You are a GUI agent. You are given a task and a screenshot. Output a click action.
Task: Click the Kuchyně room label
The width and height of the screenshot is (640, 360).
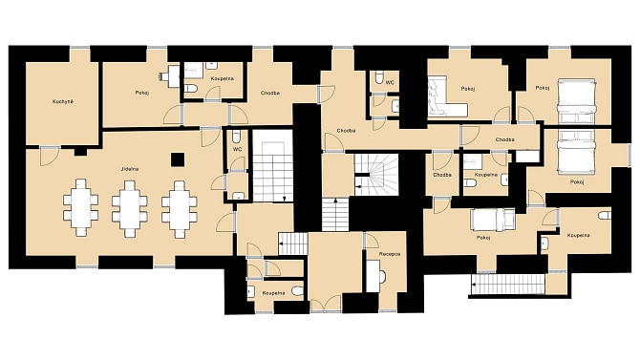[x=63, y=101]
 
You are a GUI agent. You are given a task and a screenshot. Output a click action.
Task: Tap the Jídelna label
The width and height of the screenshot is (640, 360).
[x=129, y=169]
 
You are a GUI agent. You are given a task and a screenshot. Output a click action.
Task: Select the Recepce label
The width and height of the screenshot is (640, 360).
[x=390, y=254]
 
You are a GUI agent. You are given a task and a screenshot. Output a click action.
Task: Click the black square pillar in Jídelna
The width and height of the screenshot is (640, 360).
[x=178, y=159]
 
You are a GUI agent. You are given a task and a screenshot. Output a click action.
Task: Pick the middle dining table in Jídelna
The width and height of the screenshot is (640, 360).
[x=130, y=208]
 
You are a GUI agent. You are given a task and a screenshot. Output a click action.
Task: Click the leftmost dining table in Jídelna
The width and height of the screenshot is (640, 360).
[x=81, y=208]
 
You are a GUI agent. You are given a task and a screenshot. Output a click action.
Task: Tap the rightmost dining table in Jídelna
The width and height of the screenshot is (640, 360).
[x=180, y=209]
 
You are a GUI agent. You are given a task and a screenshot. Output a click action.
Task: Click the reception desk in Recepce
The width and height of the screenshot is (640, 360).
[x=374, y=276]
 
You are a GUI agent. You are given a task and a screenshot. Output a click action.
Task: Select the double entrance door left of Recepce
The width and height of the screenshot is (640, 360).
[x=326, y=304]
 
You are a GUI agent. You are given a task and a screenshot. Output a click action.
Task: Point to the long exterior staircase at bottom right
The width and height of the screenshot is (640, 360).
[x=508, y=284]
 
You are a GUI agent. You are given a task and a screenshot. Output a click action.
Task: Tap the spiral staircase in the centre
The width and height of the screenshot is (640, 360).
[x=376, y=175]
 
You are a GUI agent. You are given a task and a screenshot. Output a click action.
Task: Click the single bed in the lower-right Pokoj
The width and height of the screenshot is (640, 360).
[x=493, y=220]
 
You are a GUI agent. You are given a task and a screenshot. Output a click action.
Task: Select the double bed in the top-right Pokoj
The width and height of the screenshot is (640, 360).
[x=577, y=101]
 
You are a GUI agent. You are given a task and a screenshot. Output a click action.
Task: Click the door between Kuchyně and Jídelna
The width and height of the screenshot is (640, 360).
[x=50, y=156]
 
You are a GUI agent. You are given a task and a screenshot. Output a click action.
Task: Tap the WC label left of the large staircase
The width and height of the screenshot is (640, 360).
[x=238, y=149]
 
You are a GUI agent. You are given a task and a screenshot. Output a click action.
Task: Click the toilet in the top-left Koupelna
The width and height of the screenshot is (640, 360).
[x=191, y=88]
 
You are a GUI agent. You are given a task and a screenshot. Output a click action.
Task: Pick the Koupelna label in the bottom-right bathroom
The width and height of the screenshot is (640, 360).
[x=578, y=236]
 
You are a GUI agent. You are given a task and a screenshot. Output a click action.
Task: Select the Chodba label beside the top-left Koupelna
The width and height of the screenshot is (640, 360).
[x=270, y=93]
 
